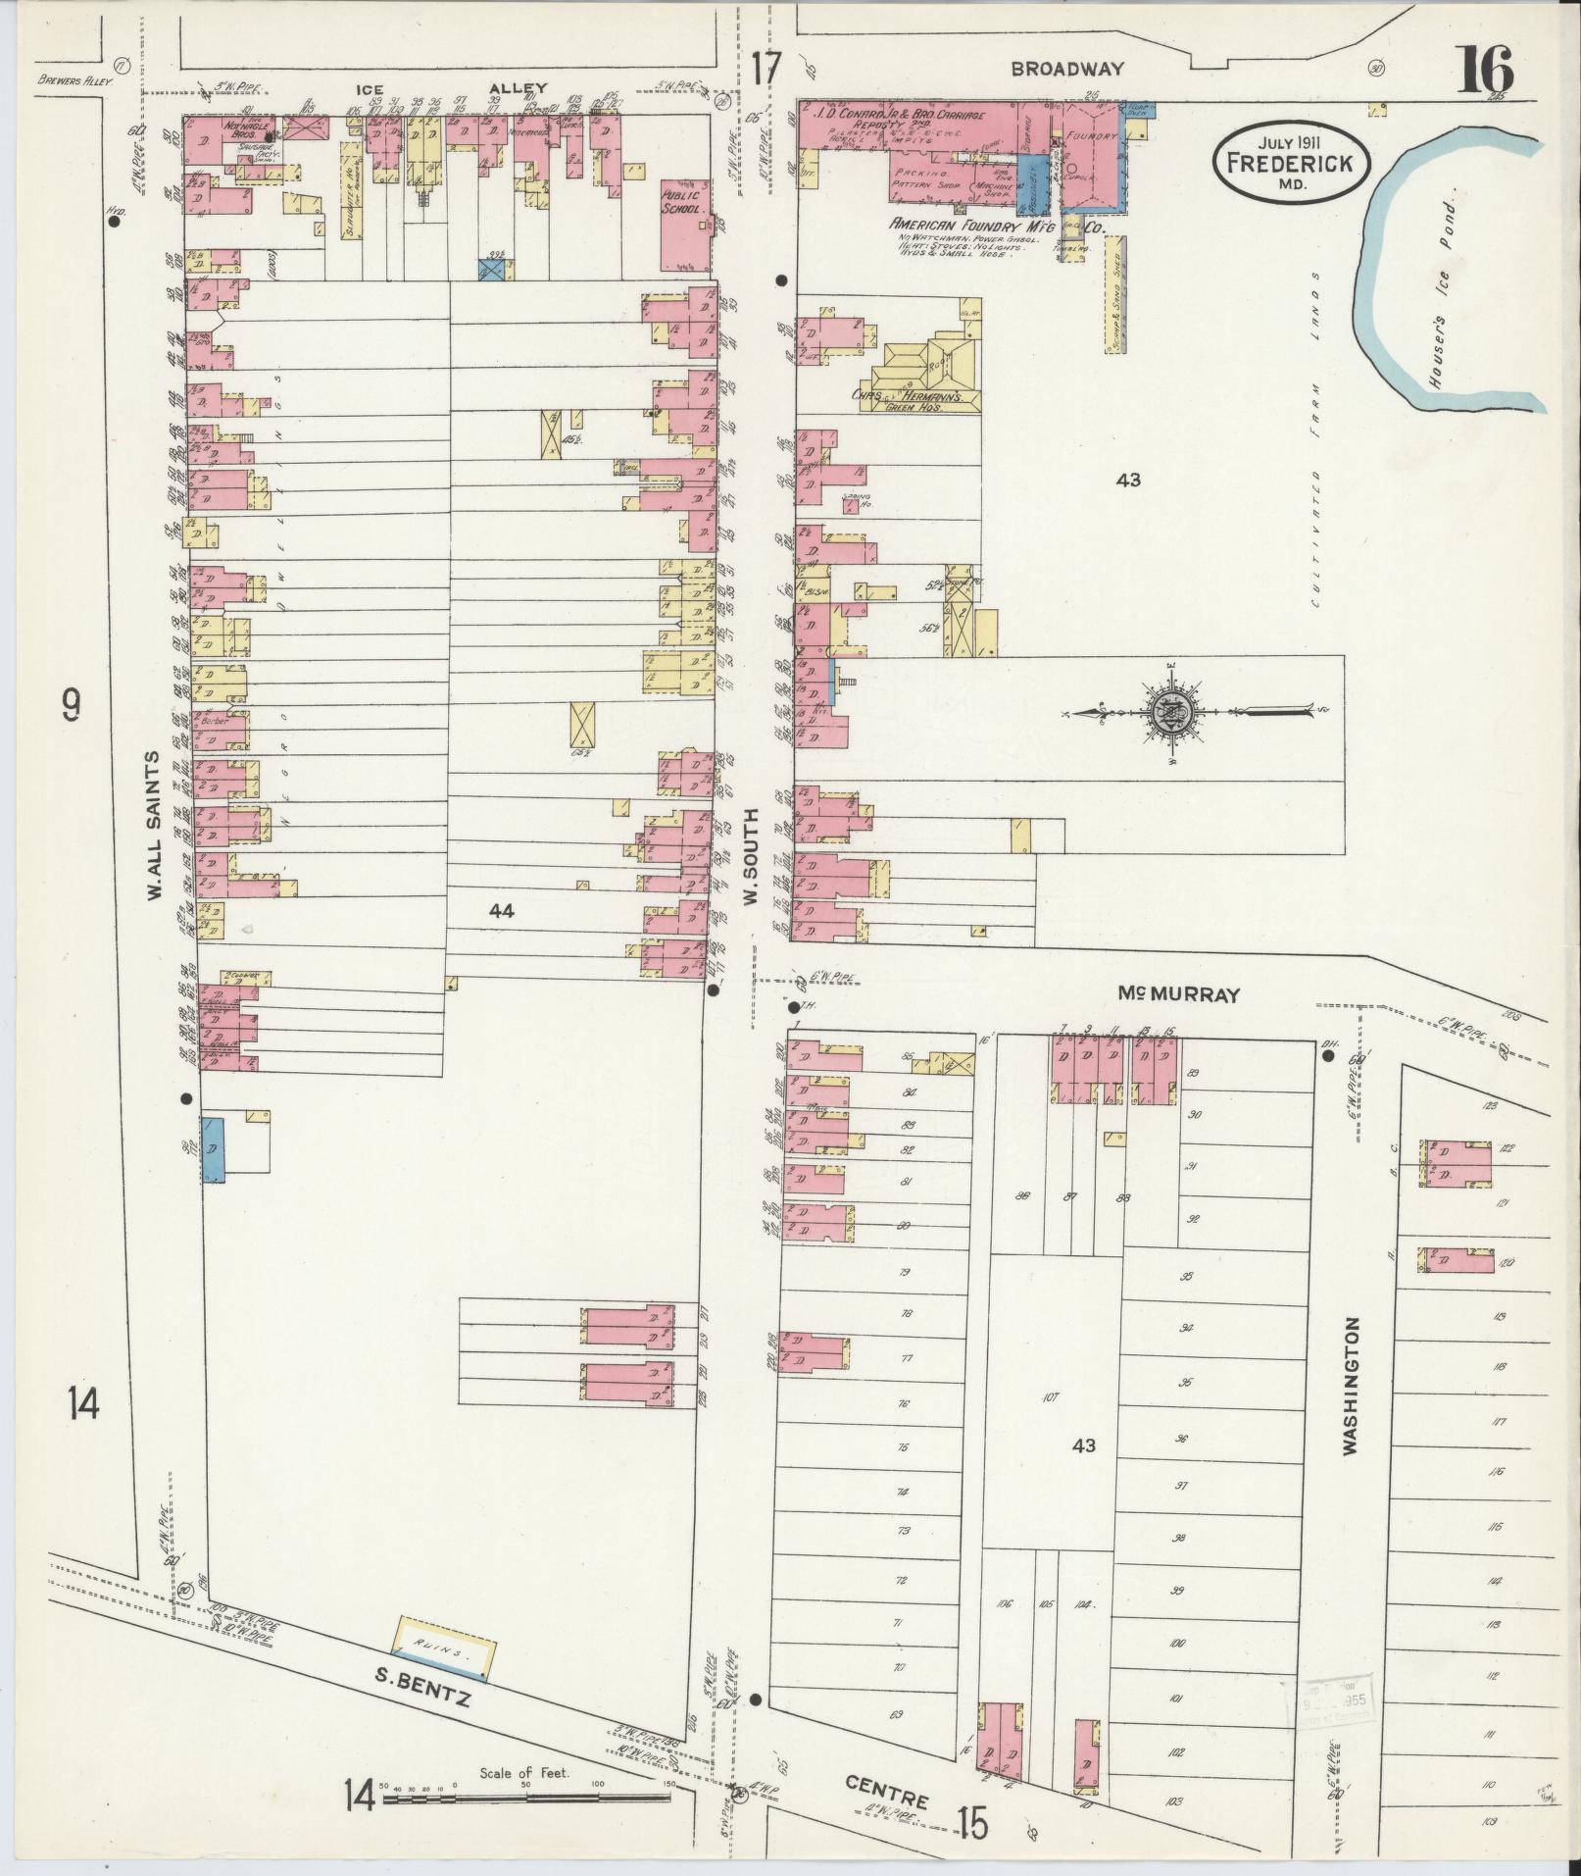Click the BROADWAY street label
pos(1067,69)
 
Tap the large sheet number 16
pos(1487,71)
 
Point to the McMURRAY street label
pos(1179,994)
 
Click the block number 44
pos(502,911)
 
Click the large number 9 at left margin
pos(71,704)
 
